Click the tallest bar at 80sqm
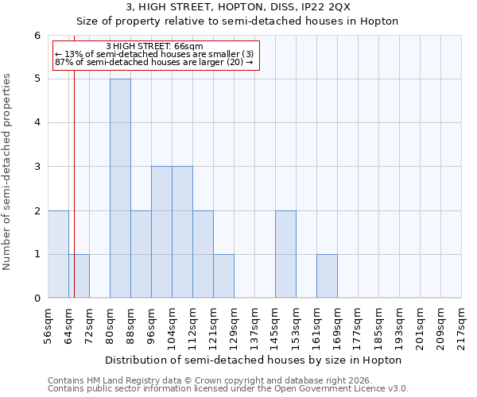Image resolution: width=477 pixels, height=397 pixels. click(120, 188)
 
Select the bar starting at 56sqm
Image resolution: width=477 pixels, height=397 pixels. click(58, 254)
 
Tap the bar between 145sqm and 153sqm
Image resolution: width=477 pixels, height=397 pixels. click(285, 254)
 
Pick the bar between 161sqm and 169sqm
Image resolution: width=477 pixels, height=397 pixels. click(327, 276)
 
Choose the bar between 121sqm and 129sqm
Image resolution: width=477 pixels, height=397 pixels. click(223, 276)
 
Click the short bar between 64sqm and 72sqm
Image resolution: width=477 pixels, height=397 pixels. click(79, 276)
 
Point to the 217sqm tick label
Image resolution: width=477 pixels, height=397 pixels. click(463, 325)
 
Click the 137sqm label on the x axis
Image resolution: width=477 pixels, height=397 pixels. click(256, 325)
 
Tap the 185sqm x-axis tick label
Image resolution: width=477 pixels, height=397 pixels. click(380, 325)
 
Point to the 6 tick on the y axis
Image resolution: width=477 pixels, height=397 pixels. click(37, 35)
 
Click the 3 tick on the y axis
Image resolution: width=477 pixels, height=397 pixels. click(37, 167)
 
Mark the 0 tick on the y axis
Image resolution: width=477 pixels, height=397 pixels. click(37, 299)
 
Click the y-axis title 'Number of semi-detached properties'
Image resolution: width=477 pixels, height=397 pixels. click(8, 172)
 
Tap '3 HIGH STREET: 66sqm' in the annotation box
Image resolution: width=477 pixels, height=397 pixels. click(155, 46)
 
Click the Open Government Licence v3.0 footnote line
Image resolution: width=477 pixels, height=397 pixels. click(228, 389)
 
